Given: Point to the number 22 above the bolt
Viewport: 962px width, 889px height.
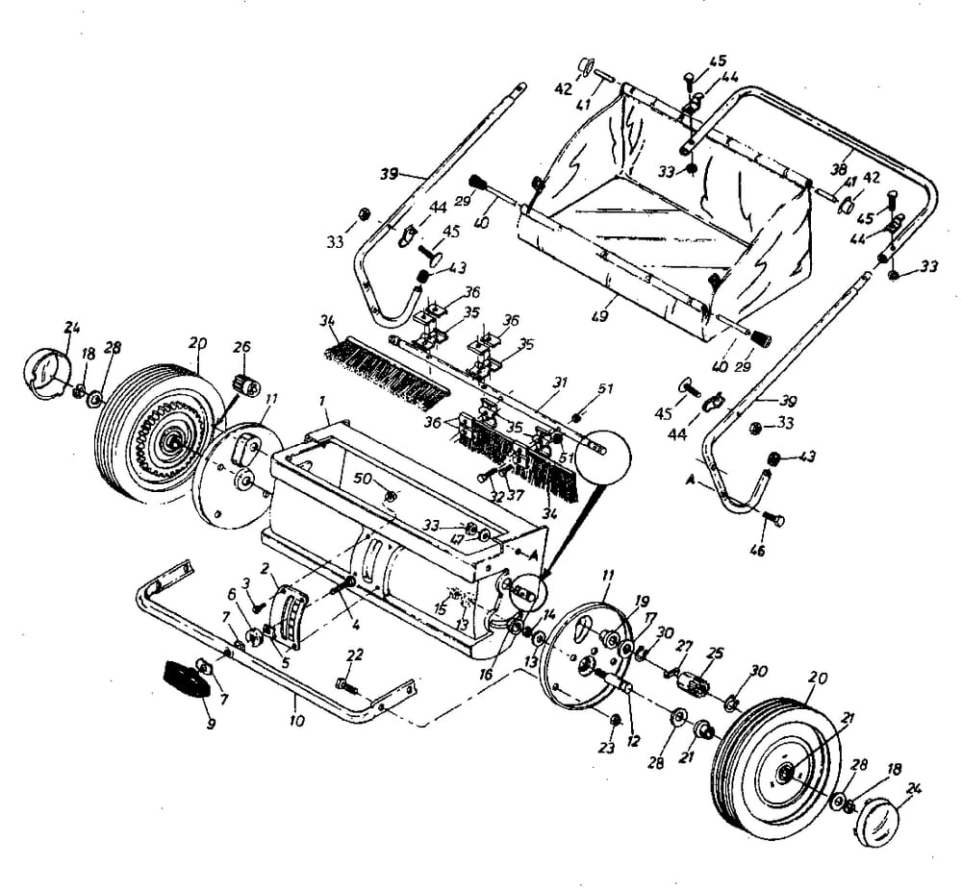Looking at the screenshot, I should coord(354,655).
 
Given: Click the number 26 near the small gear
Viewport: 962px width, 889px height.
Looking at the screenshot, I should coord(241,346).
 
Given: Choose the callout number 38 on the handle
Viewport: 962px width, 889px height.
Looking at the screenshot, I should coord(840,169).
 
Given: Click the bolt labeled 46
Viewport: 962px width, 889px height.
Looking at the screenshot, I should coord(772,520).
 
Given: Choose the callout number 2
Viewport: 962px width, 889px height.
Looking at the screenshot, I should coord(266,567).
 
